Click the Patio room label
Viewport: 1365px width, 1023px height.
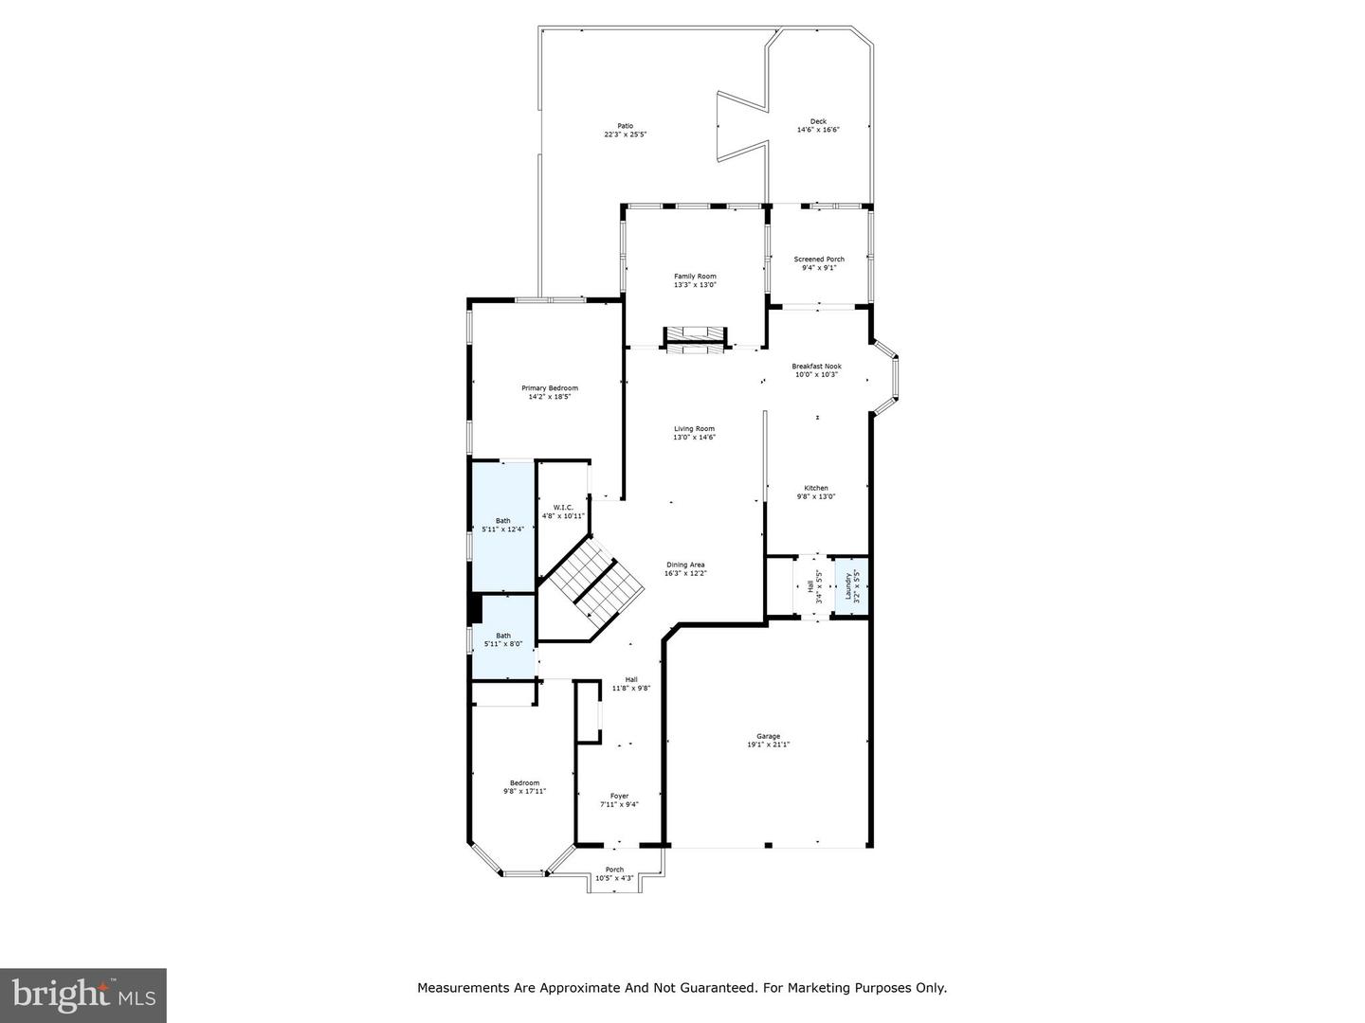point(625,126)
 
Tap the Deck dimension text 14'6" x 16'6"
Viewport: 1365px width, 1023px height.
point(818,130)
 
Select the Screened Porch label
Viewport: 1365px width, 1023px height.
point(819,259)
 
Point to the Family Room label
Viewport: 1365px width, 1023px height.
point(695,276)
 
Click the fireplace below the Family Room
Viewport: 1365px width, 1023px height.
point(695,339)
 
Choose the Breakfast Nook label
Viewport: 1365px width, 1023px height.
point(816,367)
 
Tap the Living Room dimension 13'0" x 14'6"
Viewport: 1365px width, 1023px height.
point(694,437)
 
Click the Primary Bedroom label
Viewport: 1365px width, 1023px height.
point(549,388)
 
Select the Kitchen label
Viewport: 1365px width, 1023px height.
point(816,488)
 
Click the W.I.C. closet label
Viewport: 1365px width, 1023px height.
point(563,508)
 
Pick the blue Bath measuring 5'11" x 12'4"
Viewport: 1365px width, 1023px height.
point(502,525)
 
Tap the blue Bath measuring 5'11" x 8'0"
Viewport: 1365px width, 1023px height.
point(502,639)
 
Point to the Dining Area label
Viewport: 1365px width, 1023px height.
point(685,565)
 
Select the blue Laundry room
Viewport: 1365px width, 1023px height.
point(851,587)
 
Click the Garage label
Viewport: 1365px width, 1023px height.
point(768,736)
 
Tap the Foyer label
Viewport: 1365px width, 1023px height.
point(619,796)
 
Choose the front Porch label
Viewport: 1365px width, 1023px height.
point(614,870)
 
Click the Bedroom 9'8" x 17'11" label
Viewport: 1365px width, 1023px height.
point(524,782)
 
